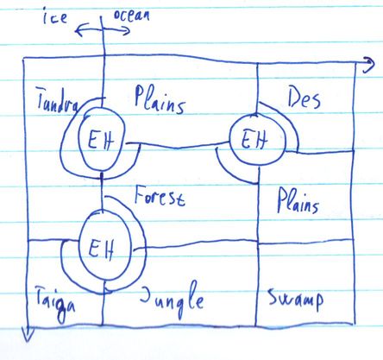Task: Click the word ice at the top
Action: click(55, 16)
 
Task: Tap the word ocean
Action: click(132, 15)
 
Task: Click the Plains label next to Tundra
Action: click(160, 99)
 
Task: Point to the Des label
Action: click(304, 98)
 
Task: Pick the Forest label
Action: click(160, 196)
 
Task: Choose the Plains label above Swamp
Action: click(298, 200)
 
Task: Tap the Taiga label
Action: click(55, 304)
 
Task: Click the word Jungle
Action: click(172, 300)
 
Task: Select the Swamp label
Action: click(296, 300)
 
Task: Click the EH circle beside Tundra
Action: click(101, 140)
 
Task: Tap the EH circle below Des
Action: click(257, 139)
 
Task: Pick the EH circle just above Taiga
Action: click(104, 245)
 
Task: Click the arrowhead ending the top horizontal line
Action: click(368, 65)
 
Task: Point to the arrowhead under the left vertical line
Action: click(28, 334)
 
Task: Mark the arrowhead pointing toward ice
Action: click(78, 30)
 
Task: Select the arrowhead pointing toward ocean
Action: click(127, 30)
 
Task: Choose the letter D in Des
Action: click(294, 98)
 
